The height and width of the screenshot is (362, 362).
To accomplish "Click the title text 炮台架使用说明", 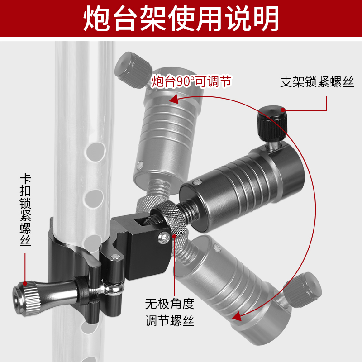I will coord(181,19).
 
